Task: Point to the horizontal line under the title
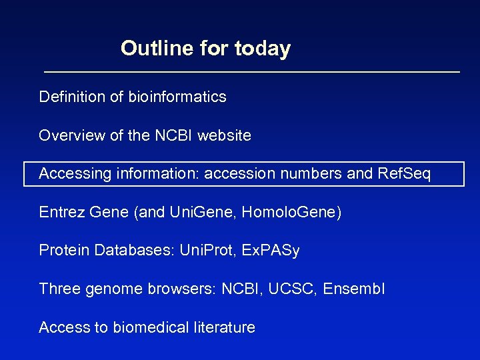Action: click(252, 71)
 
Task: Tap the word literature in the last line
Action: click(223, 327)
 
